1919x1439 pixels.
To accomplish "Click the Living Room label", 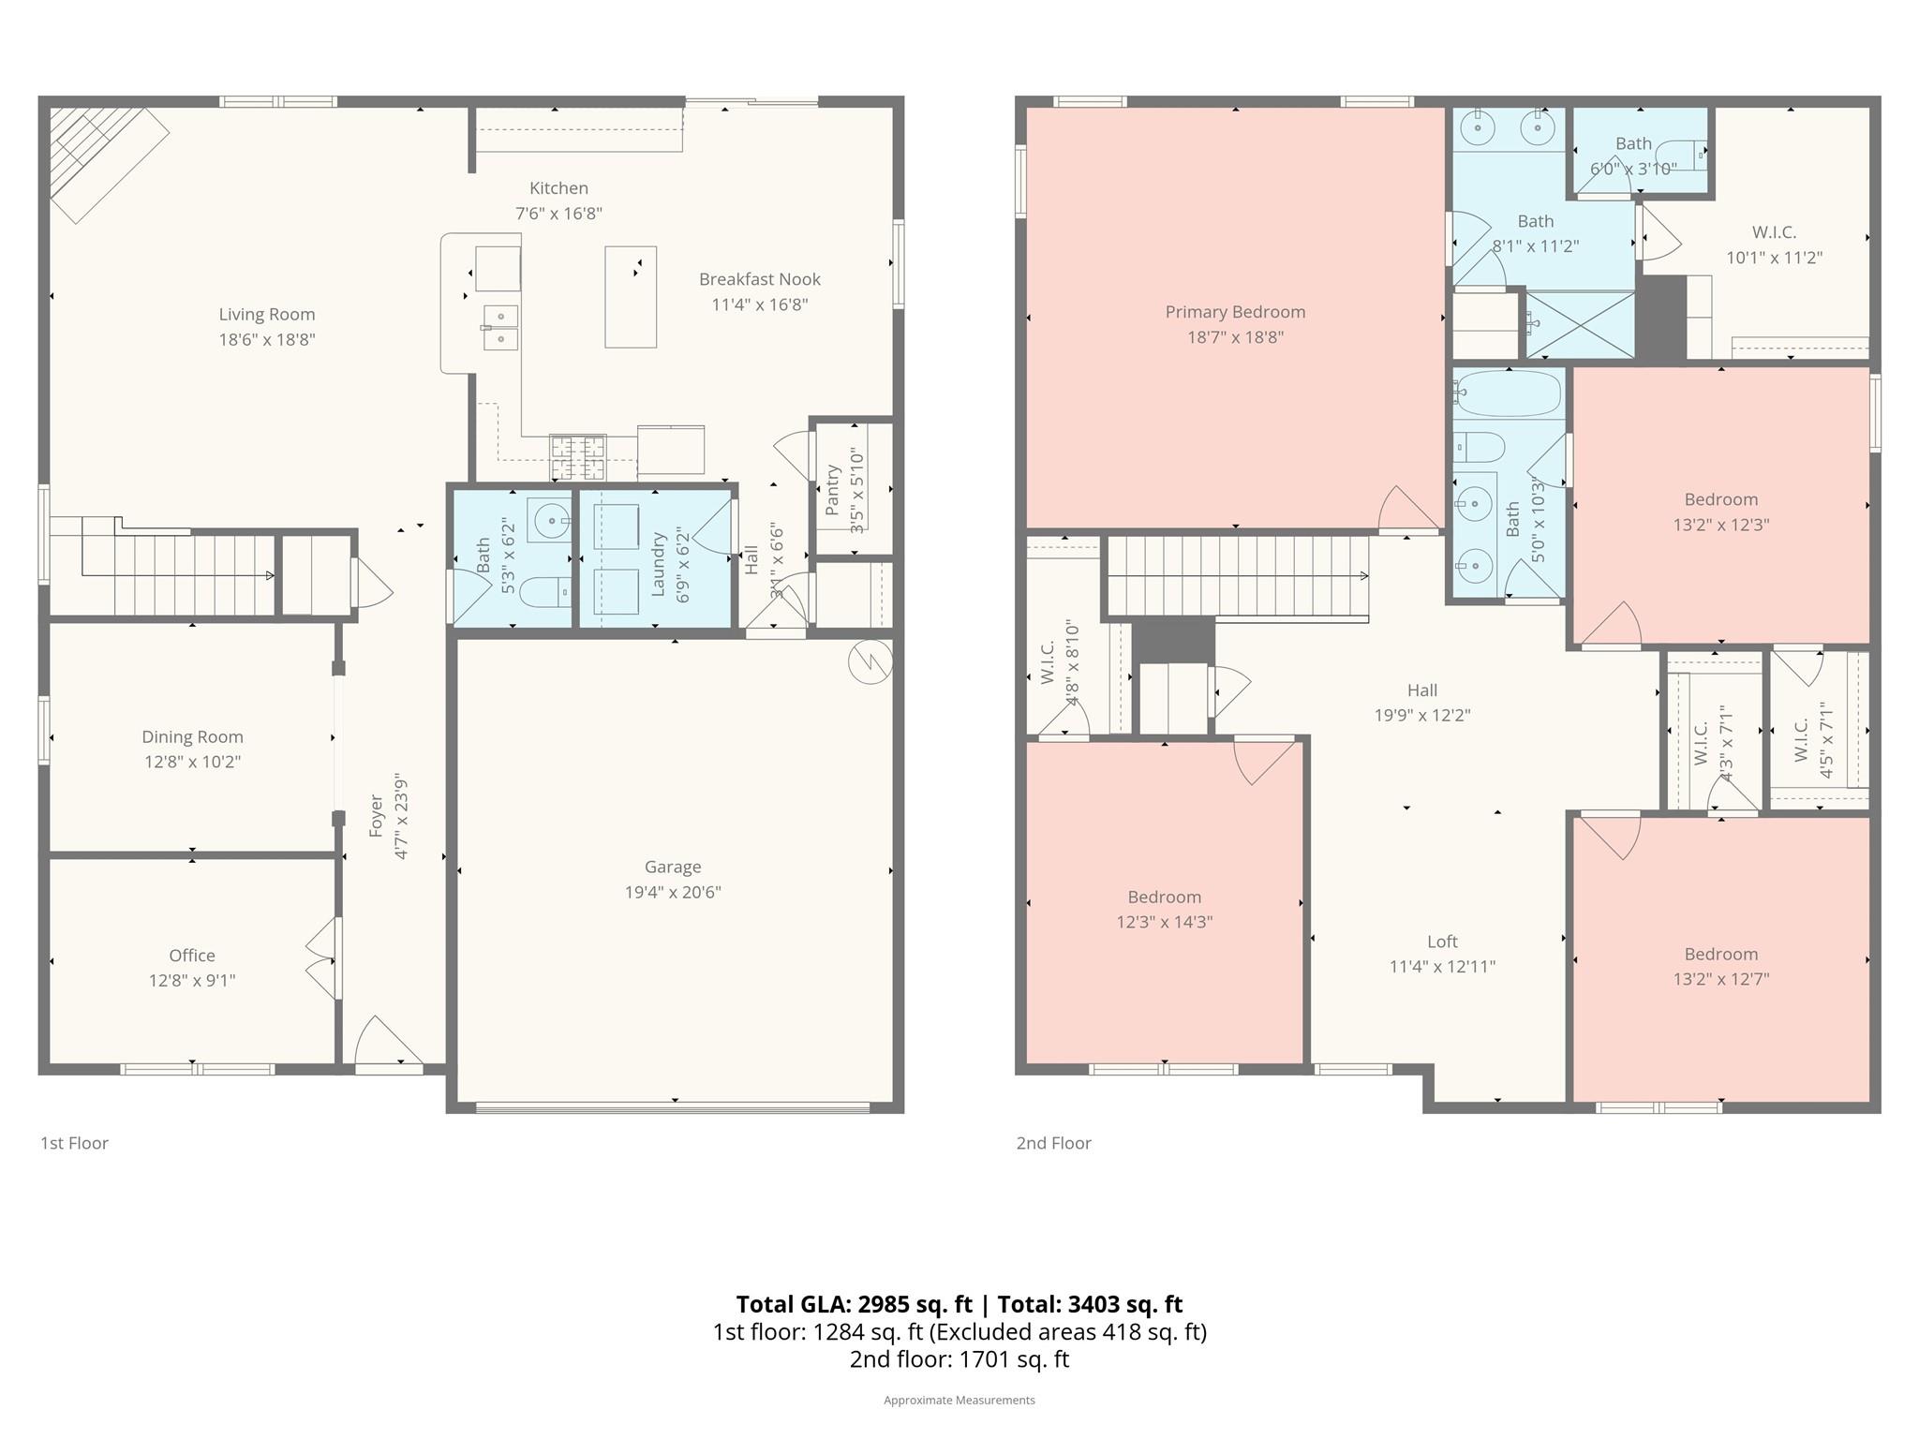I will tap(267, 315).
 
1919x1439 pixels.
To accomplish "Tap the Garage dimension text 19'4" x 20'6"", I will tap(673, 892).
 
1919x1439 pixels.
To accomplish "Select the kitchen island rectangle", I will tap(630, 297).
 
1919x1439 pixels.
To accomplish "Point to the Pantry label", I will tap(832, 490).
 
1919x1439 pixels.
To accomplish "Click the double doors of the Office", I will tap(321, 957).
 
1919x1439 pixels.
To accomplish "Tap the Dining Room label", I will tap(192, 737).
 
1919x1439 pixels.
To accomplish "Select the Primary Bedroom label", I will tap(1235, 312).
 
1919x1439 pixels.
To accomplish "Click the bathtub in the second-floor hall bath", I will tap(1508, 393).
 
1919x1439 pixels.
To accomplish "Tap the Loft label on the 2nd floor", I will tap(1442, 942).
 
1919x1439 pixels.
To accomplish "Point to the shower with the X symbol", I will tap(1580, 325).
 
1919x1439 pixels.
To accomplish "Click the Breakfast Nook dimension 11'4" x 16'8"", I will tap(759, 304).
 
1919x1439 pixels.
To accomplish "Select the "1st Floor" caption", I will tap(74, 1143).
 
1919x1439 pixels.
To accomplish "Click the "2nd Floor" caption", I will tap(1053, 1143).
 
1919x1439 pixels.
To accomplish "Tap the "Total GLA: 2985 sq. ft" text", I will tap(854, 1304).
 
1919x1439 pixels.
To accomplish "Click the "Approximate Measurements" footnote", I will tap(959, 1400).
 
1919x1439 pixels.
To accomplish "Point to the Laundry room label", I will tap(658, 563).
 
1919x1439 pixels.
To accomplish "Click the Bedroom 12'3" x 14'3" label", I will tap(1164, 898).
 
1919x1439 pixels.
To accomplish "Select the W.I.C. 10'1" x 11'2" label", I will tap(1774, 232).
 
